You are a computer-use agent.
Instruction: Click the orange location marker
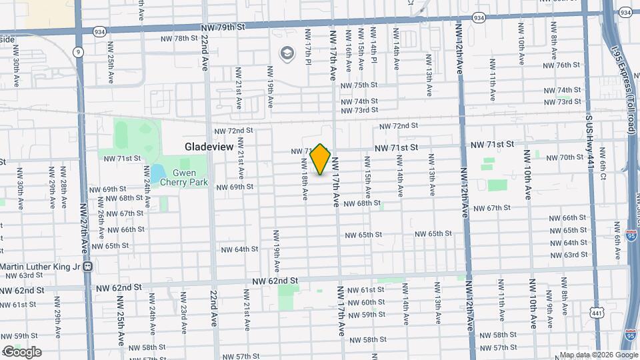point(321,159)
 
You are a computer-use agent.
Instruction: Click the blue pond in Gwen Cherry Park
point(157,175)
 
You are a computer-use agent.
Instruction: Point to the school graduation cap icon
point(287,53)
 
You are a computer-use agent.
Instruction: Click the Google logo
point(21,351)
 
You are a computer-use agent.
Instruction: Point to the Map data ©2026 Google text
point(598,355)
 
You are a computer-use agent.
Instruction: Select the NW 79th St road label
point(223,27)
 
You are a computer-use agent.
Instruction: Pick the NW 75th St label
point(359,85)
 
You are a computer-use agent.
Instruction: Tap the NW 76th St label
point(559,65)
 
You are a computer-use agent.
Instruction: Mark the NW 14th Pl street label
point(374,51)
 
